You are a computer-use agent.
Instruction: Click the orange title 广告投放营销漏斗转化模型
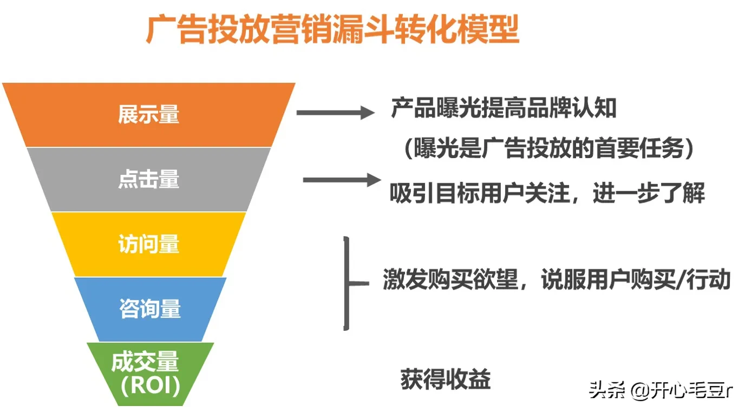[x=332, y=30]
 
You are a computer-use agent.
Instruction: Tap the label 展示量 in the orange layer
[x=149, y=114]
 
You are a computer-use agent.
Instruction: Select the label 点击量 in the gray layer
[x=149, y=179]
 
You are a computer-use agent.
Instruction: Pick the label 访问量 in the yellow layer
[x=149, y=244]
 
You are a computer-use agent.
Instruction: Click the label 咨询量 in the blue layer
[x=150, y=309]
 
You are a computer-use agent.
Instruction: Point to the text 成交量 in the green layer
[x=145, y=362]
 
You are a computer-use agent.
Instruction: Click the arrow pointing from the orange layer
[x=335, y=113]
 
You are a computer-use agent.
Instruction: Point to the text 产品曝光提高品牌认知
[x=504, y=109]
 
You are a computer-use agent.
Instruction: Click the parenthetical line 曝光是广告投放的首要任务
[x=549, y=148]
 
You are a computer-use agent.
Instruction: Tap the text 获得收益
[x=446, y=380]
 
